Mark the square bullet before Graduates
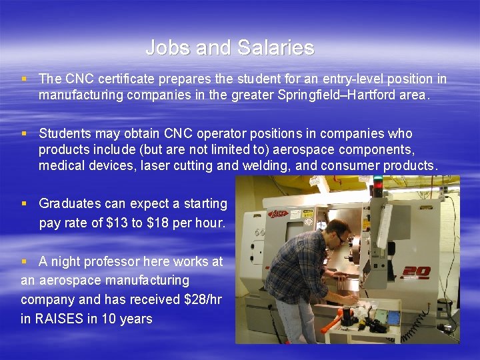tap(24, 203)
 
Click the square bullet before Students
tap(24, 133)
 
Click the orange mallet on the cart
tap(331, 326)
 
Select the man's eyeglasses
tap(340, 238)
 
